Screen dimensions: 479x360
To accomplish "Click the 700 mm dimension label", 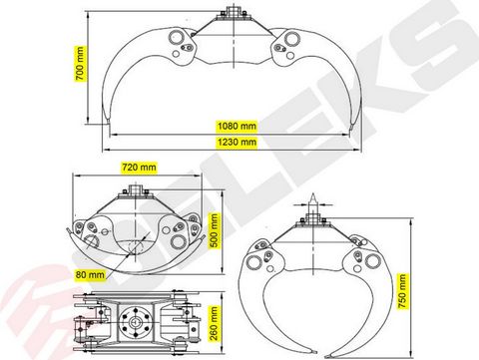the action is click(x=80, y=64).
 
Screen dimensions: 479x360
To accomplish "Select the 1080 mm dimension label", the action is click(x=237, y=126).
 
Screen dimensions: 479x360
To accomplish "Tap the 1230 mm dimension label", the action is click(x=237, y=142).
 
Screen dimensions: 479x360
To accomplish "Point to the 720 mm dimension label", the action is click(x=139, y=167).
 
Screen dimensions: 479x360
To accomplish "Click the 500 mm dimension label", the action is click(x=215, y=230).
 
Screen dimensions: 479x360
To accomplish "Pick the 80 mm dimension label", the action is click(x=90, y=275).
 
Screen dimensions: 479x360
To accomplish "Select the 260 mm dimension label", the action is click(x=214, y=323).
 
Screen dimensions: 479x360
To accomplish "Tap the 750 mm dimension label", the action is click(x=402, y=291).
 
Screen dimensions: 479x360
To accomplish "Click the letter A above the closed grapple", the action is click(x=312, y=197).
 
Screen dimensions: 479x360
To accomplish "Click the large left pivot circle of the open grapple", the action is click(x=177, y=37).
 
